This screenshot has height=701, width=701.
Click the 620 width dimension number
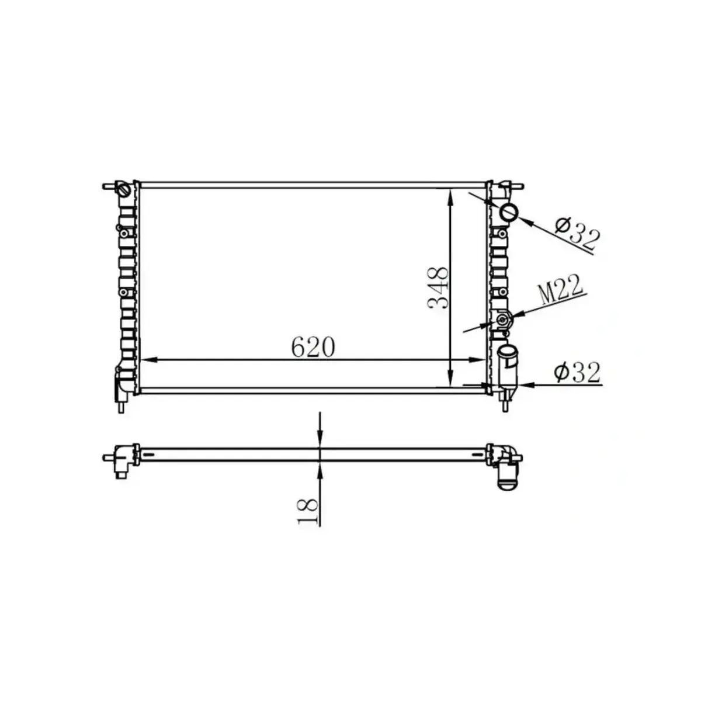(313, 348)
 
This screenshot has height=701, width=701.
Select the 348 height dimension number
(438, 287)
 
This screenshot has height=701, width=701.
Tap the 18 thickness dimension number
(308, 512)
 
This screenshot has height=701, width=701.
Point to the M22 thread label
(560, 290)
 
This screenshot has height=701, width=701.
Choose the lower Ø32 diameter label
(577, 372)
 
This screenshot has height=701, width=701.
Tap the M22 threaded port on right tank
(503, 320)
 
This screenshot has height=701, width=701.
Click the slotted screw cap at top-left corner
(124, 190)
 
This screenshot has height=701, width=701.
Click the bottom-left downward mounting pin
(121, 405)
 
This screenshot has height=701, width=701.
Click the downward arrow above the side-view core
(320, 439)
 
